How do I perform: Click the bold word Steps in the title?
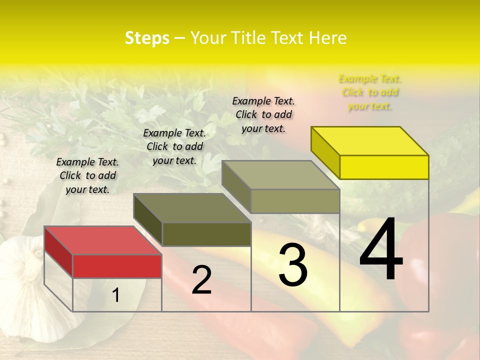[x=147, y=38]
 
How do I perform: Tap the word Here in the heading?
[x=327, y=38]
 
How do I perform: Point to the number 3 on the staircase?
[x=293, y=265]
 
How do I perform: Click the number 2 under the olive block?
[x=201, y=280]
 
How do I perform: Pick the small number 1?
[x=116, y=295]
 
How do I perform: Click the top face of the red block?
[x=103, y=240]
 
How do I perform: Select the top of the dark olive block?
[x=192, y=208]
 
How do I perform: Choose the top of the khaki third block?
[x=281, y=175]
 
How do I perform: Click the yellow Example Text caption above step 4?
[x=370, y=92]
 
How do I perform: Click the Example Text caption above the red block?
[x=87, y=175]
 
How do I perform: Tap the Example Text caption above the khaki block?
[x=263, y=114]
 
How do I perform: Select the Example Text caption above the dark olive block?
[x=174, y=146]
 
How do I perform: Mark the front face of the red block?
[x=117, y=266]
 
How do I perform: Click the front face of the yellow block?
[x=384, y=167]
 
